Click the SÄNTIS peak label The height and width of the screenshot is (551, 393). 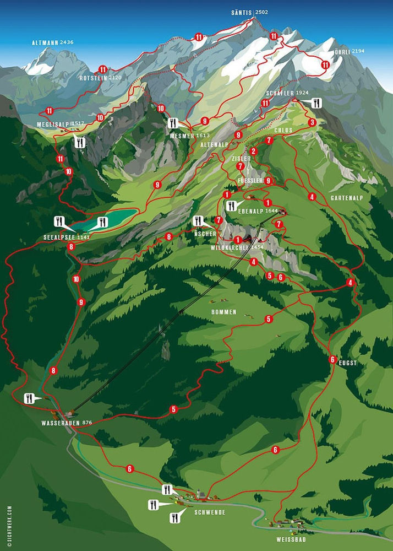[243, 12]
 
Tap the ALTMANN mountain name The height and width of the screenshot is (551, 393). [45, 42]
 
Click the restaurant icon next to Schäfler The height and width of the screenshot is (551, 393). [316, 103]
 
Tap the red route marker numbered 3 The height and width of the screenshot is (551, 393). [312, 122]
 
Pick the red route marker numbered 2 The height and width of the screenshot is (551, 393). [254, 151]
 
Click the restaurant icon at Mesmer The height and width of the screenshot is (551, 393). [174, 123]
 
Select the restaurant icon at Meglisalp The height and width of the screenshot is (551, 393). [80, 142]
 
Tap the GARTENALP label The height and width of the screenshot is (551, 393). [346, 197]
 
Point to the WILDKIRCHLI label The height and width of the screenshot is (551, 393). [230, 248]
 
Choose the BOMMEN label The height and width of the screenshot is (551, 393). [223, 312]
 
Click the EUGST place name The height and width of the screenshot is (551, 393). [348, 363]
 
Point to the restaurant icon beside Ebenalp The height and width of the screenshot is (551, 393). [232, 206]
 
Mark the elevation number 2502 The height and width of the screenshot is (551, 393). [262, 12]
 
